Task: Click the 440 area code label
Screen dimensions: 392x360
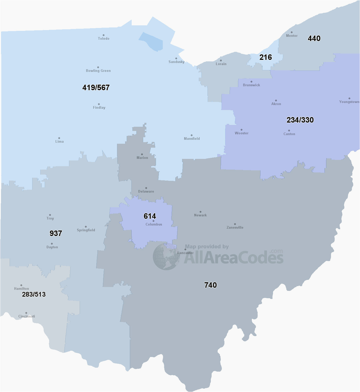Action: [x=314, y=38]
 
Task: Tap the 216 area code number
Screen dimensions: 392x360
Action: [x=265, y=57]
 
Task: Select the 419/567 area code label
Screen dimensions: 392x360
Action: [x=96, y=88]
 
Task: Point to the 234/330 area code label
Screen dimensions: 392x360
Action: [x=300, y=120]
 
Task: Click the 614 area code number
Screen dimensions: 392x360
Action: [x=150, y=216]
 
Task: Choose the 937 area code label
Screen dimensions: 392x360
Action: [x=56, y=233]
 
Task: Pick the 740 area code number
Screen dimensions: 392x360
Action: [x=210, y=285]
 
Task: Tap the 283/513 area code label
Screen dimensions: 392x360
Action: [x=34, y=294]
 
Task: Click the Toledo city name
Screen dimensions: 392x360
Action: [x=103, y=38]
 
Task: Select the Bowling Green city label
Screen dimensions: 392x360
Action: [x=98, y=71]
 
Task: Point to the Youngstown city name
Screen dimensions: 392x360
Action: [x=349, y=102]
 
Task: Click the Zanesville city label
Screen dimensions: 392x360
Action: [x=235, y=227]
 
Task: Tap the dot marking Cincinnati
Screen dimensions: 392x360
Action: [x=26, y=313]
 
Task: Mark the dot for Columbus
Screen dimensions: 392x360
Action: [x=153, y=221]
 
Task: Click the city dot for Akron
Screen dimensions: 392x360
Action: [x=276, y=100]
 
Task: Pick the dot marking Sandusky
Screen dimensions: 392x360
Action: [x=176, y=59]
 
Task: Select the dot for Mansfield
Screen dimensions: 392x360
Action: [x=191, y=135]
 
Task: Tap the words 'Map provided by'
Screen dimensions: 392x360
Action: [x=207, y=246]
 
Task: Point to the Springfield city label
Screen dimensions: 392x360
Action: [x=86, y=230]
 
